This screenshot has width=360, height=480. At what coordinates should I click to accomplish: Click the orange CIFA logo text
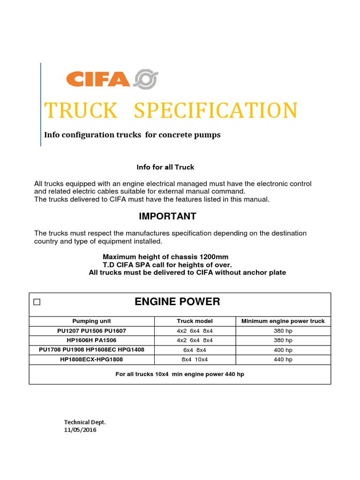pyautogui.click(x=98, y=79)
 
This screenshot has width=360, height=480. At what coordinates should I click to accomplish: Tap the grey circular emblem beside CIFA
pyautogui.click(x=146, y=79)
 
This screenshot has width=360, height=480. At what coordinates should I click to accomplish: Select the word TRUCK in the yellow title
pyautogui.click(x=81, y=111)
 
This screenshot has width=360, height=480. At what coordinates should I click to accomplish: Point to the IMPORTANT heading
pyautogui.click(x=167, y=216)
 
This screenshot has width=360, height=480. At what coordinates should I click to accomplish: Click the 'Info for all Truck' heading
pyautogui.click(x=165, y=167)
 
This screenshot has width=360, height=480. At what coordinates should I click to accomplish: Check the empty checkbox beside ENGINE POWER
pyautogui.click(x=37, y=302)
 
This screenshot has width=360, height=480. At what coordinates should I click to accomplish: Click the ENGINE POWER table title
pyautogui.click(x=177, y=302)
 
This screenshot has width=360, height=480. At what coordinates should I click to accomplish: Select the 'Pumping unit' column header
pyautogui.click(x=91, y=321)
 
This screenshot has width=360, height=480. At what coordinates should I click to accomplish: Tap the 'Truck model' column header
pyautogui.click(x=195, y=321)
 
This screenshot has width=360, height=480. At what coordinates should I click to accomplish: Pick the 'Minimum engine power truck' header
pyautogui.click(x=283, y=321)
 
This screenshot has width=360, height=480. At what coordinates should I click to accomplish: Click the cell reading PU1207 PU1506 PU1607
pyautogui.click(x=91, y=331)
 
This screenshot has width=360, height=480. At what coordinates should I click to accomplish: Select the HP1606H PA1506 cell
pyautogui.click(x=91, y=340)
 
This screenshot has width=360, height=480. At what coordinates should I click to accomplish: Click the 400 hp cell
pyautogui.click(x=283, y=350)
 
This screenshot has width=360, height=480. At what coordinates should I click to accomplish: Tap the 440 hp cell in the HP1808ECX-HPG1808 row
pyautogui.click(x=283, y=360)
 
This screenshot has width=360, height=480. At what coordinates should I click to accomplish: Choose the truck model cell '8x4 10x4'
pyautogui.click(x=195, y=360)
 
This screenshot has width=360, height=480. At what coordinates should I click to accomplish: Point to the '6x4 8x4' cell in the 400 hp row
pyautogui.click(x=195, y=350)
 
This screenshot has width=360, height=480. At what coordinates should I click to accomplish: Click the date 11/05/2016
pyautogui.click(x=80, y=430)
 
